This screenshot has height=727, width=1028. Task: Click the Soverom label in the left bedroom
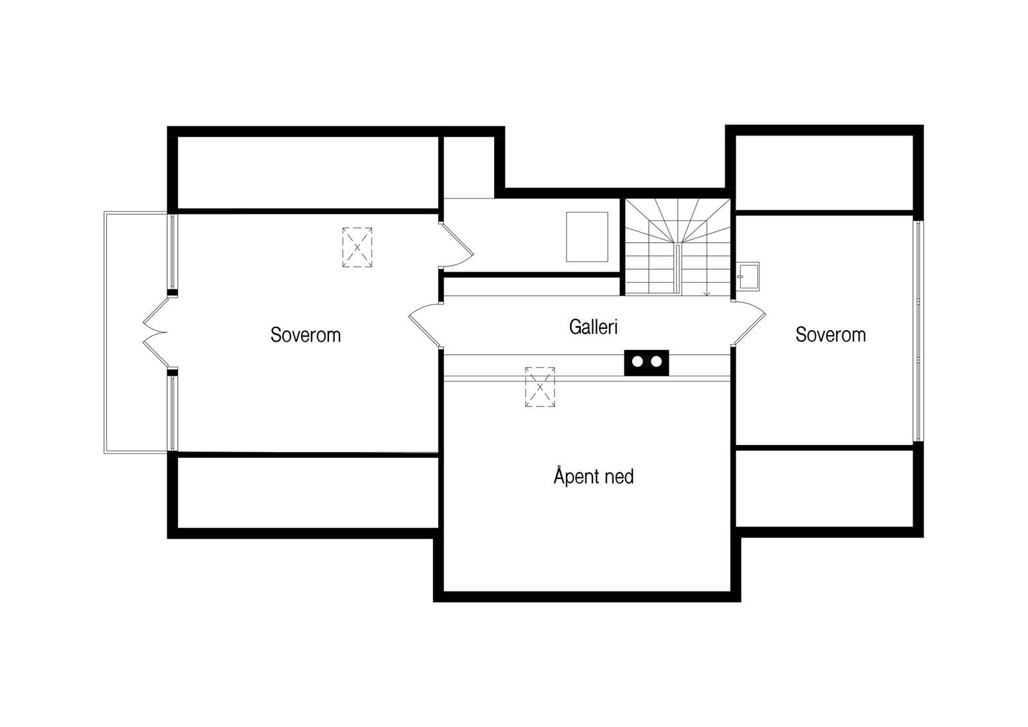click(305, 335)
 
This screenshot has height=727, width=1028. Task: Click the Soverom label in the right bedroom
click(830, 334)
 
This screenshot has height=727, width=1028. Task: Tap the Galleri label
click(593, 327)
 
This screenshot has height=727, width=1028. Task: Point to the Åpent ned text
click(593, 477)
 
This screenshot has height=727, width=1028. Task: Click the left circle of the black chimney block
click(637, 362)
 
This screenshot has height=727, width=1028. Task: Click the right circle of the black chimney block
click(656, 362)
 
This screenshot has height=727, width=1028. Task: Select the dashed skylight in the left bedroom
click(357, 247)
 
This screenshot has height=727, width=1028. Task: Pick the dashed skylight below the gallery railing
click(540, 387)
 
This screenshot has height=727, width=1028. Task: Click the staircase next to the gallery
click(678, 247)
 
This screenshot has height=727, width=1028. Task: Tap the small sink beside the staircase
click(748, 276)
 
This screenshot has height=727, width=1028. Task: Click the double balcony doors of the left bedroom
click(154, 333)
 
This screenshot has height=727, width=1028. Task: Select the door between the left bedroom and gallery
click(424, 324)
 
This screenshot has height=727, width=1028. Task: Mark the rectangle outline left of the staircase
click(587, 237)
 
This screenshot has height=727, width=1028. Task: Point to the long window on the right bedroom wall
click(918, 331)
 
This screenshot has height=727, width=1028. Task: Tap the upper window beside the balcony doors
click(172, 252)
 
